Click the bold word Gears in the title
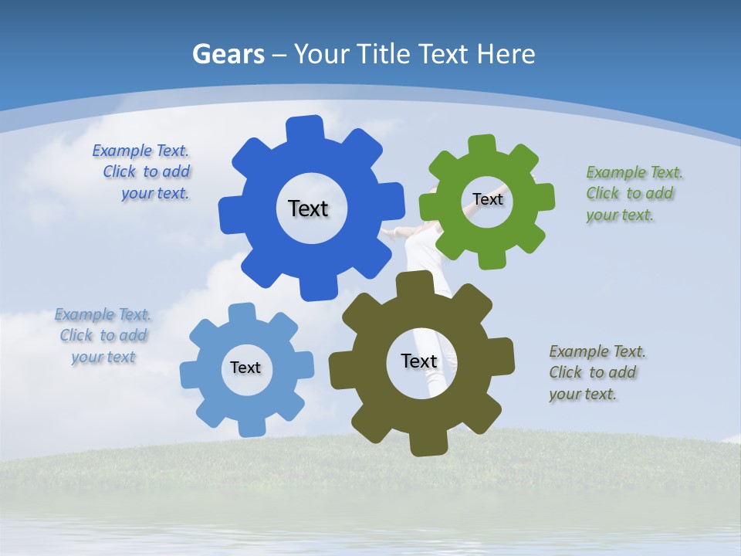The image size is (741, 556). click(x=228, y=54)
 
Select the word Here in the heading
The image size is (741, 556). click(x=506, y=54)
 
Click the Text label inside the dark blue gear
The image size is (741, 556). click(x=308, y=208)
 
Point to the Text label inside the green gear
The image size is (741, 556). click(x=487, y=199)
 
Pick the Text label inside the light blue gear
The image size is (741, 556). click(x=245, y=368)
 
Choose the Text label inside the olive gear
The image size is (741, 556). click(x=419, y=361)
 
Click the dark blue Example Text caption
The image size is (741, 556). click(x=142, y=172)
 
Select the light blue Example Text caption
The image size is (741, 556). click(x=103, y=336)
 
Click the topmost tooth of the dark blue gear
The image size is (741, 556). click(x=305, y=128)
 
